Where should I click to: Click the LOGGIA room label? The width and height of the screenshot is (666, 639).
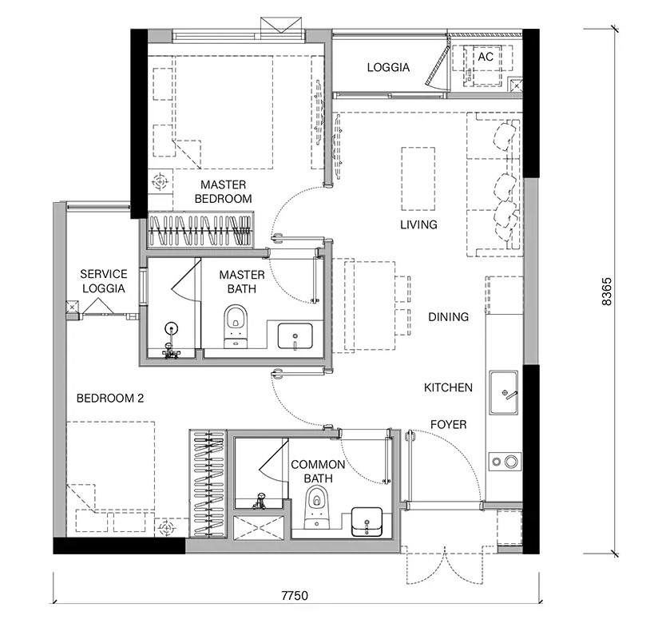(388, 67)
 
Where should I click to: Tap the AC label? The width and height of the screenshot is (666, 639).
(486, 57)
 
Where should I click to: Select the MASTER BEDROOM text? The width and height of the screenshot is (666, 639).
(223, 192)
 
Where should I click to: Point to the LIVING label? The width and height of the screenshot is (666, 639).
(418, 224)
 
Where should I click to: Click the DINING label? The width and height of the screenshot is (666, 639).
(449, 316)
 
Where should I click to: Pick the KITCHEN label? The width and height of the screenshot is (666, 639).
(448, 387)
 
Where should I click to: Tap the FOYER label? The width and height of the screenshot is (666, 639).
(449, 424)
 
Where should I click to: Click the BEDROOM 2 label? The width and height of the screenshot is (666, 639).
(110, 398)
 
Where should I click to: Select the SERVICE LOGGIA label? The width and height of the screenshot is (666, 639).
(104, 281)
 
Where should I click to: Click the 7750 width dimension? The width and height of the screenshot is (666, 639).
(295, 595)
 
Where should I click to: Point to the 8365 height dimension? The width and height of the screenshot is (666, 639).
(607, 292)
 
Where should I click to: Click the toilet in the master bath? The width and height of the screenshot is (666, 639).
(236, 327)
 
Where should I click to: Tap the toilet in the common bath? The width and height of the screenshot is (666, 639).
(317, 506)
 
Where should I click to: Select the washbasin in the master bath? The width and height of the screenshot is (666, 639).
(295, 336)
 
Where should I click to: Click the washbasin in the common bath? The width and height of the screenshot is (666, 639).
(367, 522)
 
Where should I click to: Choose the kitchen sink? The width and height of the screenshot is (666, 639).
(504, 392)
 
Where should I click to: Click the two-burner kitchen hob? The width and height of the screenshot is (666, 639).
(505, 462)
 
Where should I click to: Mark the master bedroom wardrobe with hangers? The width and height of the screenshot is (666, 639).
(200, 230)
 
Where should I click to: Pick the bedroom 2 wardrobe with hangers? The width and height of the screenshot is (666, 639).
(208, 483)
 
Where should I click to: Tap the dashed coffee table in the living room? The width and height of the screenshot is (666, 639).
(418, 179)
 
